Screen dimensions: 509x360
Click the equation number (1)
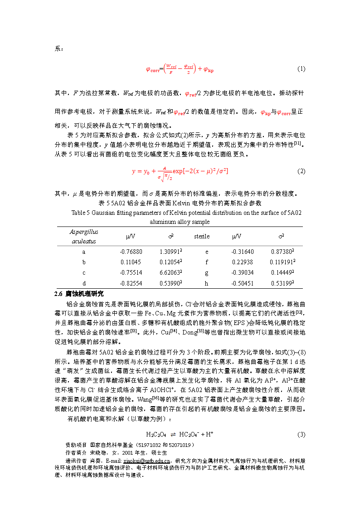coord(302,69)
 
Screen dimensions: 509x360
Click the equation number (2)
coord(302,171)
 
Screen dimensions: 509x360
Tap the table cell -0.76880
coord(131,252)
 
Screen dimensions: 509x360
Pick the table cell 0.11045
coord(131,262)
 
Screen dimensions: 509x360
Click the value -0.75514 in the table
coord(131,272)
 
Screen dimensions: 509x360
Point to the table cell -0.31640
coord(243,252)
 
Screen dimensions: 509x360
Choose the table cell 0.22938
coord(243,262)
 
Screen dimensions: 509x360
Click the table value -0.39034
coord(243,272)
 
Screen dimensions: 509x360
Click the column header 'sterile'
coord(202,236)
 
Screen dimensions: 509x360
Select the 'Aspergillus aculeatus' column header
coord(83,236)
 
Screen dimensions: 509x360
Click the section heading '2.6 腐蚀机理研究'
coord(79,294)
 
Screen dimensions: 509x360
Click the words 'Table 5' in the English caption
coord(81,213)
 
